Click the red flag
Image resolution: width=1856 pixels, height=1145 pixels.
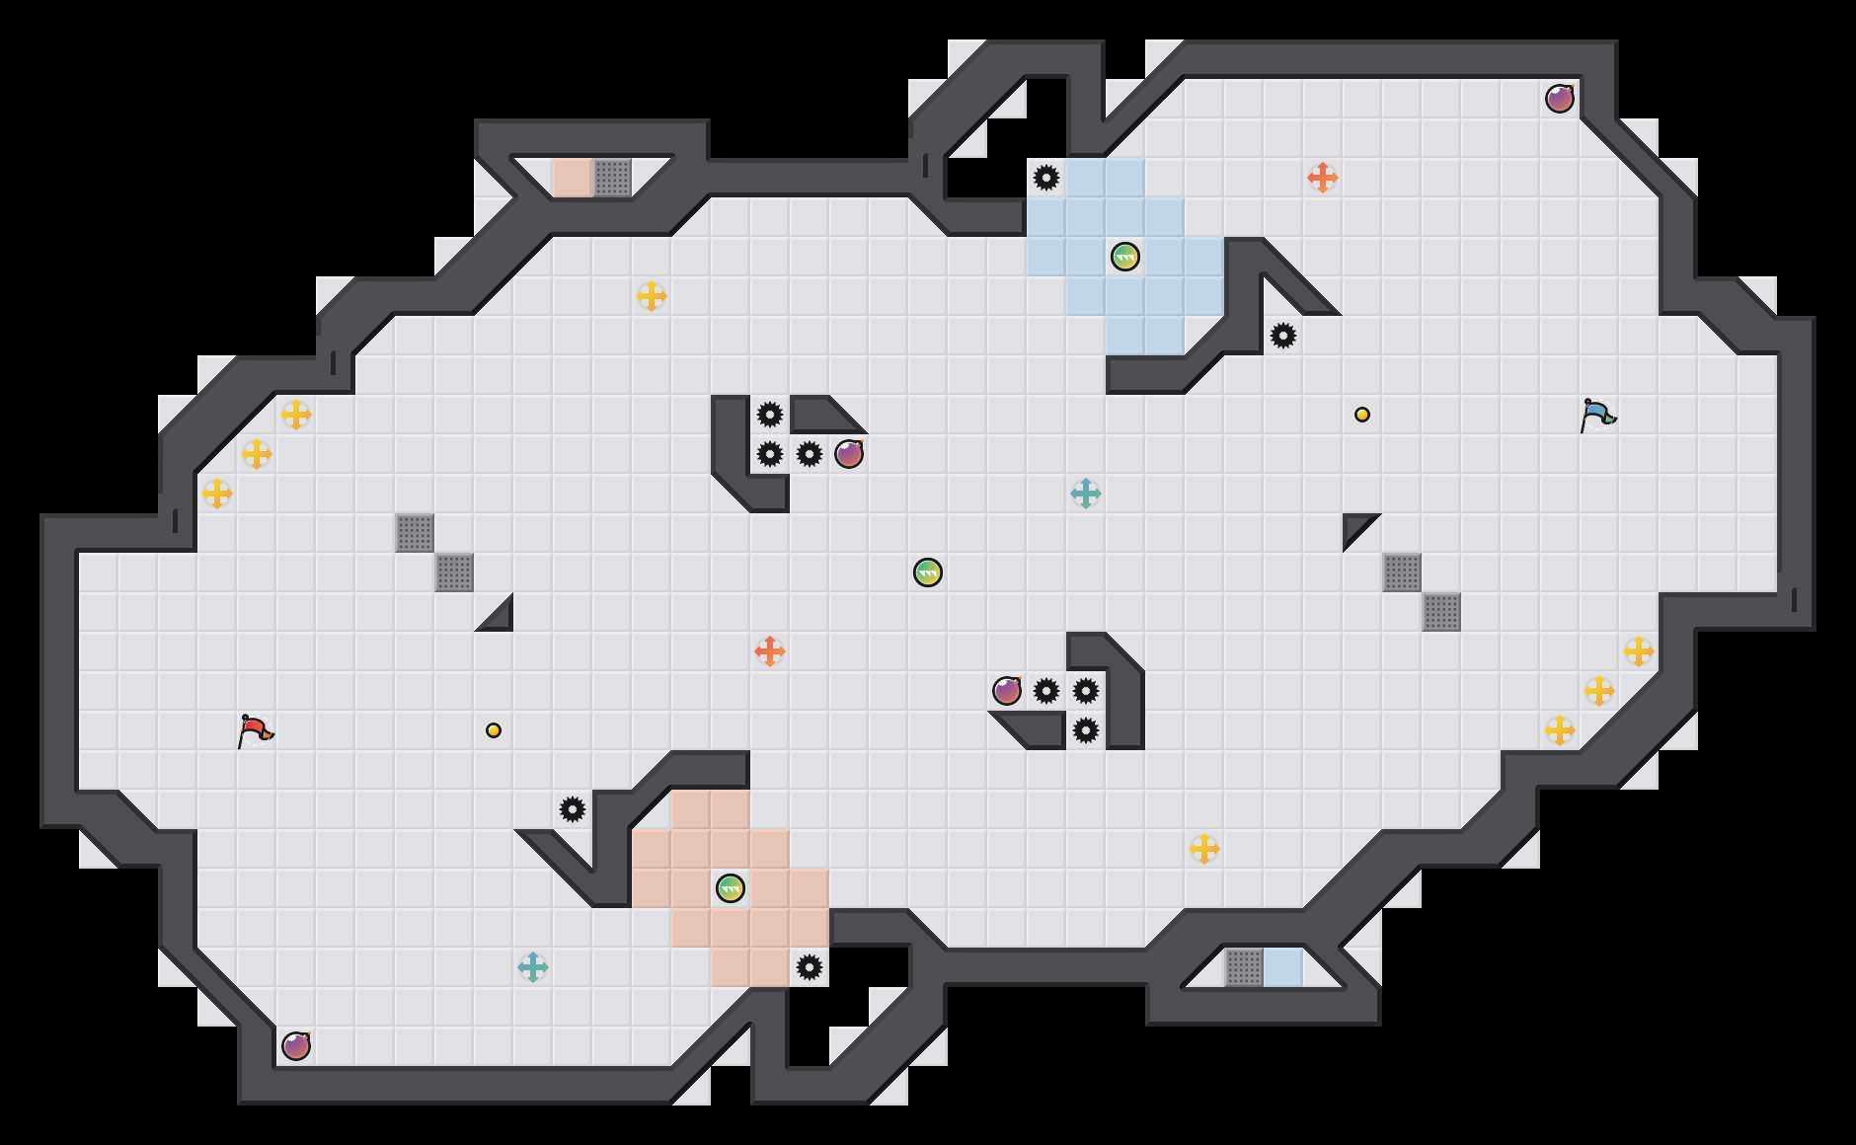point(255,730)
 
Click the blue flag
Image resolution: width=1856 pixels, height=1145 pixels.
point(1597,415)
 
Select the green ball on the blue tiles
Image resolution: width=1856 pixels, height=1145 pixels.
point(1125,257)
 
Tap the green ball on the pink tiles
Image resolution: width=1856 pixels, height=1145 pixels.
point(731,888)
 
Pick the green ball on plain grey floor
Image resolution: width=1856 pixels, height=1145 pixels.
point(928,572)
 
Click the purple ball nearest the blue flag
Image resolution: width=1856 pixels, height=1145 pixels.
point(1560,99)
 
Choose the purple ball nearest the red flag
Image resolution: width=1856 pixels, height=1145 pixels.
point(296,1046)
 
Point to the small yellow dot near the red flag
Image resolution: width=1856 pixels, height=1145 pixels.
point(494,730)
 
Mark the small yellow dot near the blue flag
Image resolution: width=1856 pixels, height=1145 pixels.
point(1362,415)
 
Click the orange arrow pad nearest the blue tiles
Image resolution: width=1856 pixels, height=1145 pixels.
point(1323,178)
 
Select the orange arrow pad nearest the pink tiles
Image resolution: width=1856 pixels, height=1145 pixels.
point(770,651)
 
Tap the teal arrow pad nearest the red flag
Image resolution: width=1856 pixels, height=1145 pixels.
point(533,967)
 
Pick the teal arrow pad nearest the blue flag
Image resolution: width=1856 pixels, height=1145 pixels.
point(1086,494)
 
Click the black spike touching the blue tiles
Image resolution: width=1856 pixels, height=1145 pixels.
point(1046,178)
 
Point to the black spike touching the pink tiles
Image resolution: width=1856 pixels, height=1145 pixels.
point(810,967)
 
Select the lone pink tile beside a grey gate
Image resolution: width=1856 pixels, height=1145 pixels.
point(573,178)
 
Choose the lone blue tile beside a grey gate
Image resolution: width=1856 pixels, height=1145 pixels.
point(1283,967)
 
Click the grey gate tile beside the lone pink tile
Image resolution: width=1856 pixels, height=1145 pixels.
point(612,178)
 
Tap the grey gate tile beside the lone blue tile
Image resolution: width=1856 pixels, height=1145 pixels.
point(1244,967)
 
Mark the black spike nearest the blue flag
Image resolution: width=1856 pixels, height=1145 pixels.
point(1283,336)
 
